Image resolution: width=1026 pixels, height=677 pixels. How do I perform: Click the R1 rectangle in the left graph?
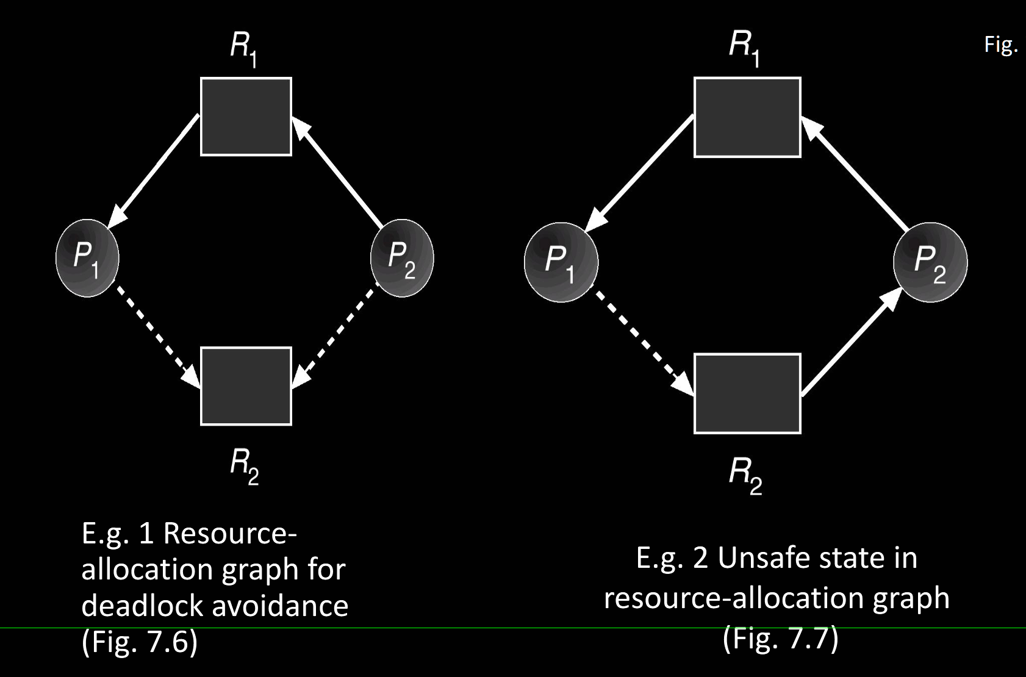tap(246, 116)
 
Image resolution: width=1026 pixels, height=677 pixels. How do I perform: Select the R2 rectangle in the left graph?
tap(246, 386)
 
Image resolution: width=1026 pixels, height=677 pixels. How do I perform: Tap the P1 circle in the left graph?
tap(87, 258)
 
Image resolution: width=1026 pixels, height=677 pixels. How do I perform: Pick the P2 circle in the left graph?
tap(402, 258)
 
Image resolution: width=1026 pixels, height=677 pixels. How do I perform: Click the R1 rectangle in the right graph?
tap(747, 117)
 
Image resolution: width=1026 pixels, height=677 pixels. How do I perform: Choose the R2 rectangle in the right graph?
tap(747, 393)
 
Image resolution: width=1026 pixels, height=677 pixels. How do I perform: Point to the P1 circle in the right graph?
tap(561, 263)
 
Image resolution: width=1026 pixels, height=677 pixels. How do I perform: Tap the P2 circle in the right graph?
tap(930, 263)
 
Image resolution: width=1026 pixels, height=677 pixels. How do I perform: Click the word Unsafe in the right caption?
tap(759, 558)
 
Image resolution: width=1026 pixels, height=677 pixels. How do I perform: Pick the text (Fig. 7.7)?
tap(780, 639)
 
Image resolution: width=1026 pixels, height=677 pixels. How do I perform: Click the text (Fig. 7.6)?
tap(140, 642)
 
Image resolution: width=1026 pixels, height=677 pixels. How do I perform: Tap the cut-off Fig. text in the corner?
tap(1000, 45)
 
